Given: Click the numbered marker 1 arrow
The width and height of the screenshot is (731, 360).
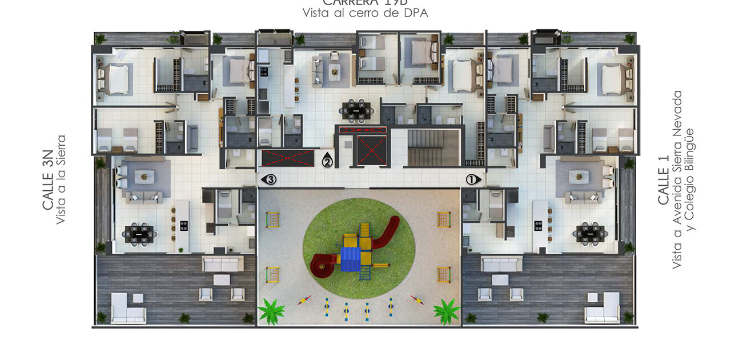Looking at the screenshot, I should (473, 179).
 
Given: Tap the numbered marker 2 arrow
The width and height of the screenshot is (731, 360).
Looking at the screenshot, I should (327, 161).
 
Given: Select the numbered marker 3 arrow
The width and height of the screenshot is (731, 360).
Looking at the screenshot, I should (269, 179).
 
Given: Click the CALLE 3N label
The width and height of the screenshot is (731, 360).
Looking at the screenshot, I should (49, 179).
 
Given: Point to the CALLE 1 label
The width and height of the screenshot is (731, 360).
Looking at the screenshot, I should (664, 179).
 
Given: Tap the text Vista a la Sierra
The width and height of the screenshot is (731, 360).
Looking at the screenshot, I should (62, 179).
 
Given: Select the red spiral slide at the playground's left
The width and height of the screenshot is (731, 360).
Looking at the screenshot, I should (323, 264).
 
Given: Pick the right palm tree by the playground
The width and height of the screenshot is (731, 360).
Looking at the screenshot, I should (446, 310).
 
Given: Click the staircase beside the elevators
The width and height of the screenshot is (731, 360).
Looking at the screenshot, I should (433, 147).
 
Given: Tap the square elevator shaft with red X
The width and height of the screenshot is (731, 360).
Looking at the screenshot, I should (371, 151).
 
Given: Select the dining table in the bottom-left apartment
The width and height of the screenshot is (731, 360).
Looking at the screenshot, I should (139, 234).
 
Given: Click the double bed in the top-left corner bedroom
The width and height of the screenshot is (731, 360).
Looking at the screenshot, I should (118, 79).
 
